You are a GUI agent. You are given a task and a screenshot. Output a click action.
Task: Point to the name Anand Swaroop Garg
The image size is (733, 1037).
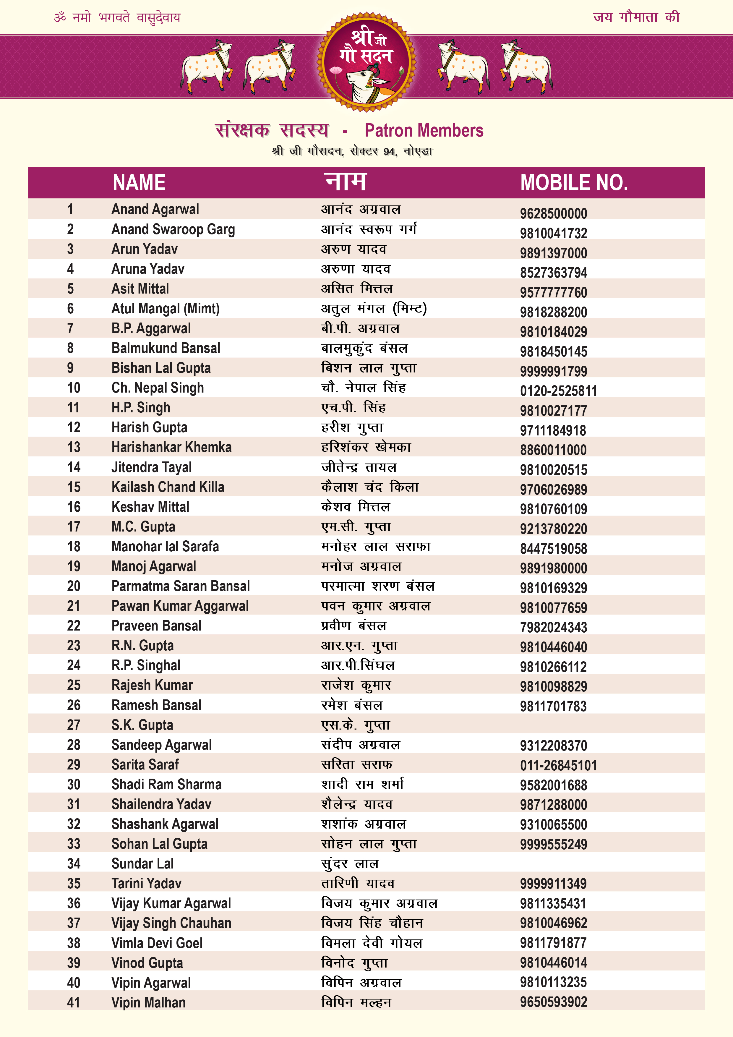173,229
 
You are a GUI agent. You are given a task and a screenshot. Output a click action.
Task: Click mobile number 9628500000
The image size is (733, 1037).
553,213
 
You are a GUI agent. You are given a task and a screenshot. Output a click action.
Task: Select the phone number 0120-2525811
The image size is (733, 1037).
558,391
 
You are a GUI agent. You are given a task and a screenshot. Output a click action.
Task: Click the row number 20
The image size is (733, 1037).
74,586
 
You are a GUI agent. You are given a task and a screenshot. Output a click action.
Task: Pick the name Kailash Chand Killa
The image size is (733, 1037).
168,487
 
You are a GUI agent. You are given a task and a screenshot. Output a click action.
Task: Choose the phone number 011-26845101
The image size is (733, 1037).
558,765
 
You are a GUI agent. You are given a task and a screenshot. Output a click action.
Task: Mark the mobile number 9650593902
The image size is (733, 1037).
553,1002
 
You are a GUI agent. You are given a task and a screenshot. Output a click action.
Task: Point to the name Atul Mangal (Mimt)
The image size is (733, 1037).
165,309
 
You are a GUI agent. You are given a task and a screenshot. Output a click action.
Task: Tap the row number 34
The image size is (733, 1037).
74,863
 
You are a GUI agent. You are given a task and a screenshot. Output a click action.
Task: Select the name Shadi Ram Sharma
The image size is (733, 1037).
166,785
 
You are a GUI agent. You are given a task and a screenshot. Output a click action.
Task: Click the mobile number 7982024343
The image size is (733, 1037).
553,627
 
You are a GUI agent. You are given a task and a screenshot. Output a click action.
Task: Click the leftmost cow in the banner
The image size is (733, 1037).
207,66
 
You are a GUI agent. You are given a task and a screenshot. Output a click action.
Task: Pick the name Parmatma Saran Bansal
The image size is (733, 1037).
180,586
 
